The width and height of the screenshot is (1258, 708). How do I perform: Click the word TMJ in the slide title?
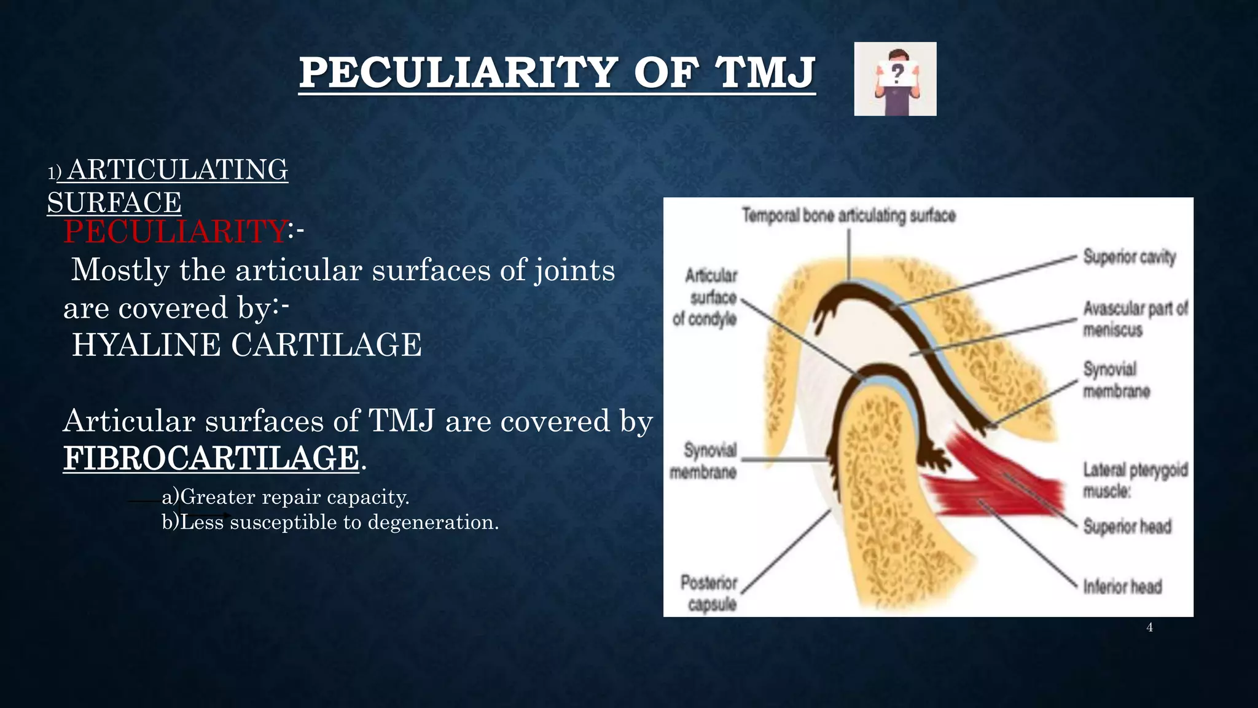click(766, 73)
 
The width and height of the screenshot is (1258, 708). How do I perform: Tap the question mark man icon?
click(895, 79)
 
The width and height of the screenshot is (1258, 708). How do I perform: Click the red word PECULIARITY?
click(175, 232)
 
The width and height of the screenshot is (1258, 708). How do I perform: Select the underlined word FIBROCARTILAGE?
click(211, 458)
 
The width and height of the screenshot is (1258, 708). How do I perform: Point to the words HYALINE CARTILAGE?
click(247, 345)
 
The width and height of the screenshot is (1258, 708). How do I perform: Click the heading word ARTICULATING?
click(178, 170)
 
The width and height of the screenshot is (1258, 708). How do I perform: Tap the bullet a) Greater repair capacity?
click(286, 497)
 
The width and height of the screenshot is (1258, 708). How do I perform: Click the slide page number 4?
click(1149, 627)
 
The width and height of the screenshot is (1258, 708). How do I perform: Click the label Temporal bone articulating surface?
click(848, 216)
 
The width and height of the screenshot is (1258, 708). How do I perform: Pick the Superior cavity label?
click(1129, 256)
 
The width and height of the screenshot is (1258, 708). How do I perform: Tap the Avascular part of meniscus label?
click(1134, 318)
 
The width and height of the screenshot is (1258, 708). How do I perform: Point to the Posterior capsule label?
click(709, 593)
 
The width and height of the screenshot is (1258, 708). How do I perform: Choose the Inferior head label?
click(1122, 586)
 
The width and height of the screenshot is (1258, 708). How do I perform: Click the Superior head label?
click(1127, 527)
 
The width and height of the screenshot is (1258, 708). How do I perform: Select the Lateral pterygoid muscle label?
click(1134, 479)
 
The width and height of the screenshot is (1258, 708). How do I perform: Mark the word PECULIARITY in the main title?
click(458, 73)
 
